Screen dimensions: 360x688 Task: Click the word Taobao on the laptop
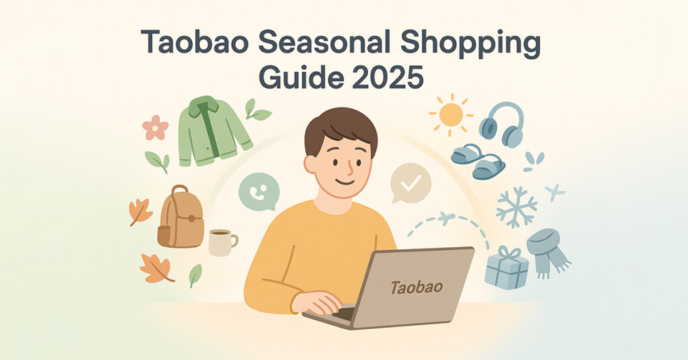pos(417,287)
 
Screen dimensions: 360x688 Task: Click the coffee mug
pos(221,242)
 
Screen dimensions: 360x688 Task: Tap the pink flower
pos(155,127)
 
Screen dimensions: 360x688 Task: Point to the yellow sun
pos(451,115)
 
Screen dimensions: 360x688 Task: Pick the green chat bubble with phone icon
pos(259,191)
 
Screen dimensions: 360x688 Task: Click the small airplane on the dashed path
pos(445,217)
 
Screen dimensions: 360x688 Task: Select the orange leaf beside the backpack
pos(140,212)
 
